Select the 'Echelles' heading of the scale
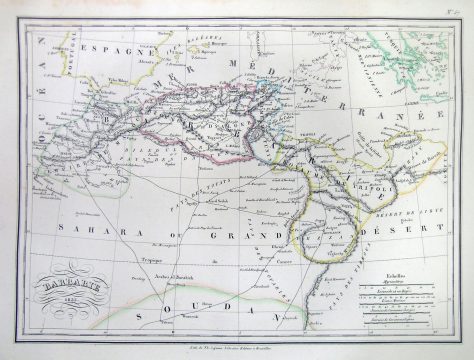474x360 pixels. pyautogui.click(x=396, y=273)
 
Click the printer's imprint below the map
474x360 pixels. pyautogui.click(x=237, y=340)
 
